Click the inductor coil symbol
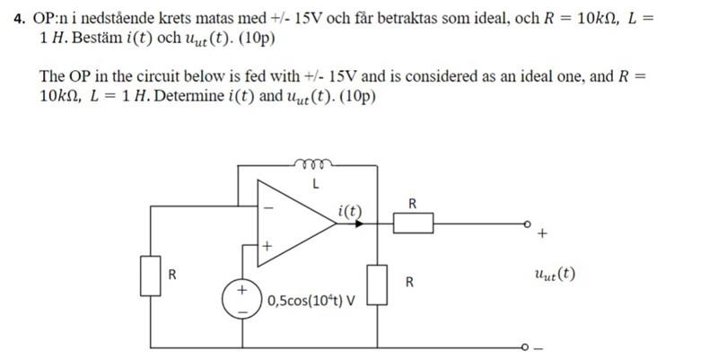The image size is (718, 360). pyautogui.click(x=313, y=164)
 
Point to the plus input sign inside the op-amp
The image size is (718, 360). pyautogui.click(x=267, y=243)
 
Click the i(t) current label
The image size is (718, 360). pyautogui.click(x=351, y=211)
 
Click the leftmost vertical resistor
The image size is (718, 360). pyautogui.click(x=150, y=275)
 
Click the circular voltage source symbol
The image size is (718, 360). pyautogui.click(x=241, y=299)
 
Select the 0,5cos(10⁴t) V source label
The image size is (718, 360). pyautogui.click(x=311, y=300)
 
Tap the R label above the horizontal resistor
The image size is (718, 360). pyautogui.click(x=412, y=203)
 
